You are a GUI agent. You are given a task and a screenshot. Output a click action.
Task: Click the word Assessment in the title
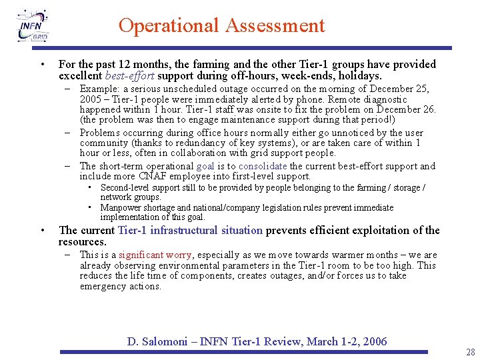tap(275, 26)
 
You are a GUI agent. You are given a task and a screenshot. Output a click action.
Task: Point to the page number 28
tap(471, 351)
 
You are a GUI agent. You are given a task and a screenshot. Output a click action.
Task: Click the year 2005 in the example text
tap(91, 99)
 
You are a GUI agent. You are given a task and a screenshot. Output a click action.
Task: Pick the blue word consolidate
tap(263, 166)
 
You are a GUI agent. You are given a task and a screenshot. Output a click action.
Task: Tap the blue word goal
tap(205, 166)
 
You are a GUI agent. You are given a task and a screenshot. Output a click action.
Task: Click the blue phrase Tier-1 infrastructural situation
tap(190, 231)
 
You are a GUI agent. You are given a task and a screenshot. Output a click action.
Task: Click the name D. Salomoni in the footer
tap(157, 342)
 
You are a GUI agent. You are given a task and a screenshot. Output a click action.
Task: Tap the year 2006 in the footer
tap(375, 342)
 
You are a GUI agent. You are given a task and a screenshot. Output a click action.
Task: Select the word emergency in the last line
tap(103, 287)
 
